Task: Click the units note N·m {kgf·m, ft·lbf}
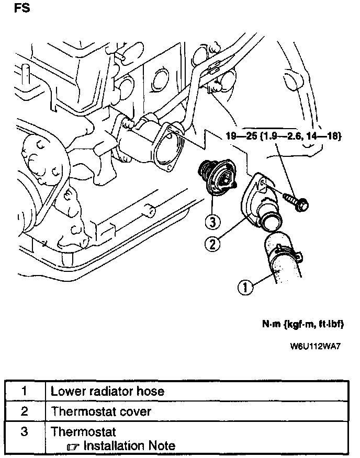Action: click(302, 324)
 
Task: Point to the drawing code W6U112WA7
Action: click(317, 347)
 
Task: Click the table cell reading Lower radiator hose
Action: click(107, 391)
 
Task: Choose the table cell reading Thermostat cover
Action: click(100, 411)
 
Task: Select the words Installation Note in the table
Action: click(129, 446)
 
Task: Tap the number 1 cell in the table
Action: click(24, 391)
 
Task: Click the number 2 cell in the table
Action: click(24, 411)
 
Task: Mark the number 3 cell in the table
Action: click(24, 432)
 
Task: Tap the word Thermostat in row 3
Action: click(83, 432)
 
